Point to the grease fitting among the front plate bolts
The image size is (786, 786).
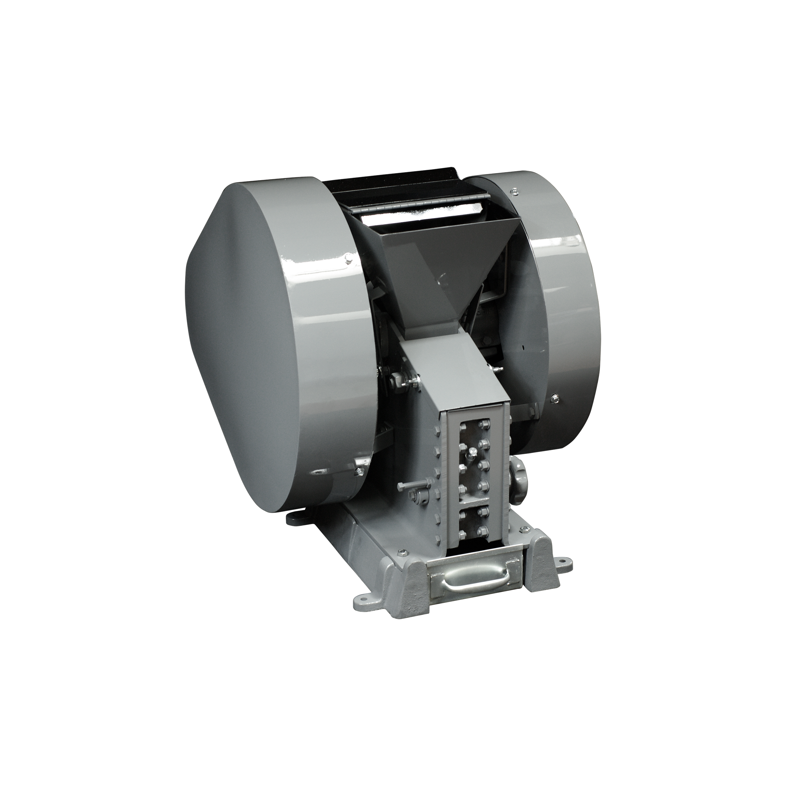[x=473, y=452]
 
